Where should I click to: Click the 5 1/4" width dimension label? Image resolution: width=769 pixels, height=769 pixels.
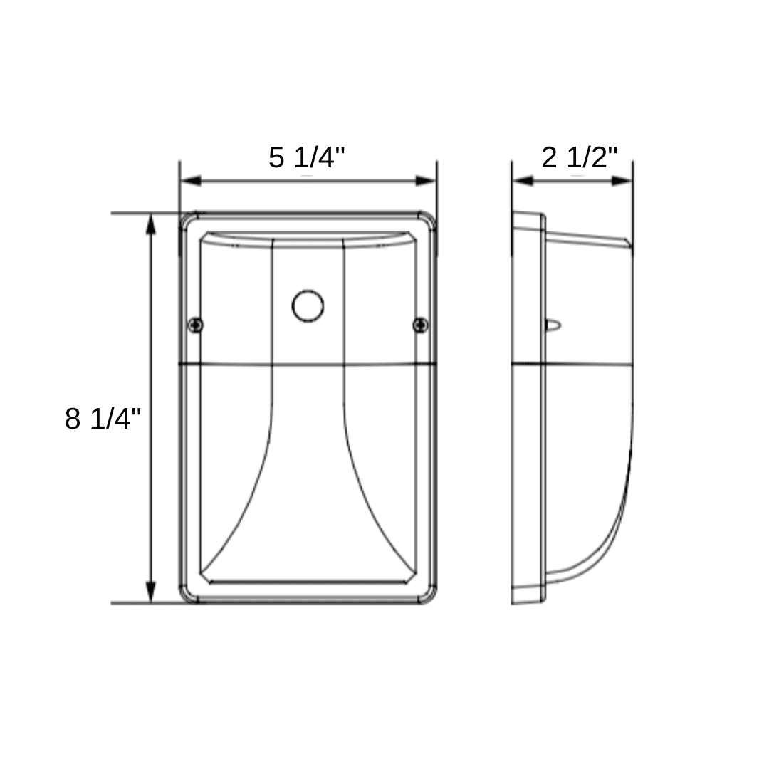click(x=307, y=157)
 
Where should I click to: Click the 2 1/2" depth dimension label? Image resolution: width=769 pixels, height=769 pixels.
click(x=580, y=157)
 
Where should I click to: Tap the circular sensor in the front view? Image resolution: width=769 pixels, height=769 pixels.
click(x=308, y=306)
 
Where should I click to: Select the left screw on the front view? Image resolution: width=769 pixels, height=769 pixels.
click(x=195, y=325)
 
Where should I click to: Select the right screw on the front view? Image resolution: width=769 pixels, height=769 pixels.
click(x=421, y=325)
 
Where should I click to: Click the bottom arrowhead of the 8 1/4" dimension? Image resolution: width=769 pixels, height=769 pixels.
click(x=150, y=592)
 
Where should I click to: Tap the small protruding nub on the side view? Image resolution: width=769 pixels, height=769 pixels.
click(x=553, y=325)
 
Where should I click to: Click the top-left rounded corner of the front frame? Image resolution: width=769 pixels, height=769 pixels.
click(x=187, y=220)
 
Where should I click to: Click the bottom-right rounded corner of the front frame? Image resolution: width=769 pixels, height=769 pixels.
click(x=429, y=597)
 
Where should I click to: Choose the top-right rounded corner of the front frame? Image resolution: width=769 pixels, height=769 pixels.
click(x=429, y=220)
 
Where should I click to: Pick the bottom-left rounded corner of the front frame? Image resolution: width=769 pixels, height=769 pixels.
click(x=187, y=597)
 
